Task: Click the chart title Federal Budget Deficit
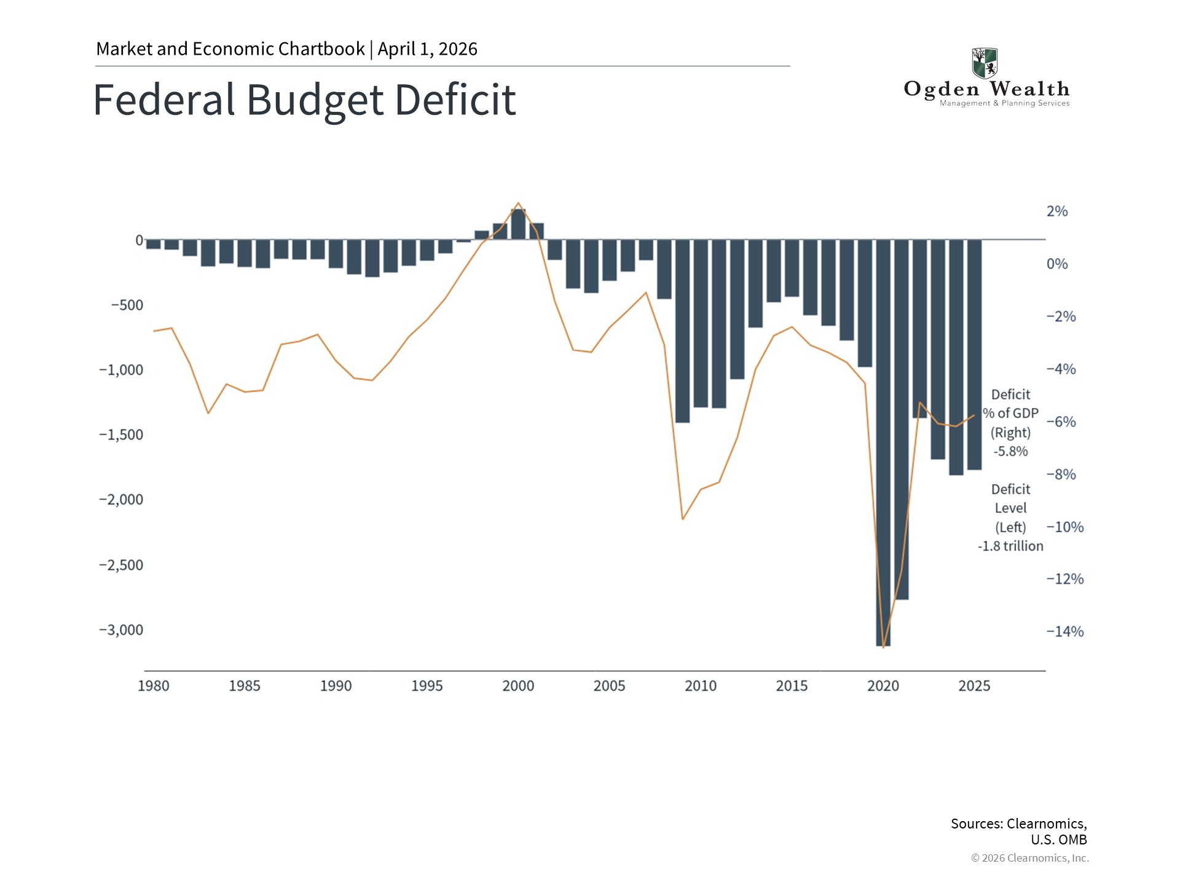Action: [304, 100]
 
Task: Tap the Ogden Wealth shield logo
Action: [985, 63]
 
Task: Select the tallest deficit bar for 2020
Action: [883, 442]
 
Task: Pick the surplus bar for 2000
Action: [518, 224]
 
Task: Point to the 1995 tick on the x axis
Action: [427, 686]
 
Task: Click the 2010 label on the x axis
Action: [701, 686]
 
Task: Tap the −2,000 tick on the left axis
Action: [121, 500]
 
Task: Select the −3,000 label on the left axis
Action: [121, 630]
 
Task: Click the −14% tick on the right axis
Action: [1065, 632]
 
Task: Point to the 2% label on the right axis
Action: [1057, 211]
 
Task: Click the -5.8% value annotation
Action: [1010, 452]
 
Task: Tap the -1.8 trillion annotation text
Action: [1010, 546]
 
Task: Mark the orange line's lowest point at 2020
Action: [883, 647]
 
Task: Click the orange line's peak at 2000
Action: [518, 203]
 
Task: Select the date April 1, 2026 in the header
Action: [428, 49]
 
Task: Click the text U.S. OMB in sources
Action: [1058, 840]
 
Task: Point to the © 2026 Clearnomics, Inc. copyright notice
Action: [1029, 858]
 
